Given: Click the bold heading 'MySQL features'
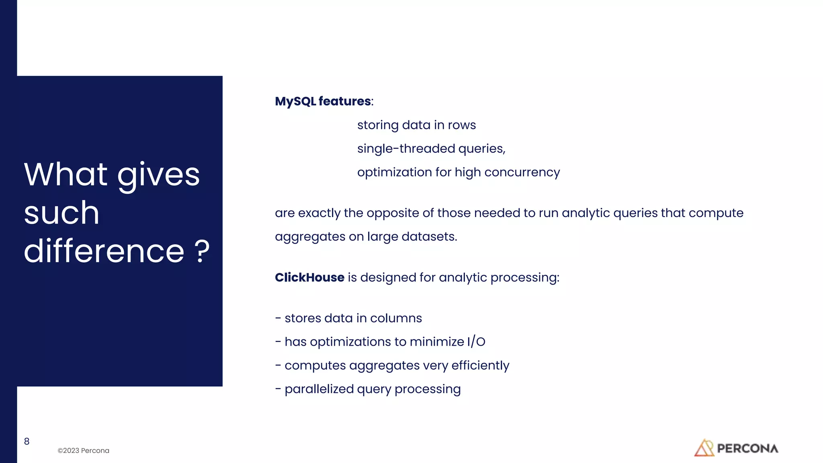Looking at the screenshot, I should tap(323, 101).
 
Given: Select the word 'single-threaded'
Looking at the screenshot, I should tap(406, 149).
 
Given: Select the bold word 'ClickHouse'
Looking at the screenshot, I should tap(309, 278).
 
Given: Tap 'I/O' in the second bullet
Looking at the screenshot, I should tap(476, 342).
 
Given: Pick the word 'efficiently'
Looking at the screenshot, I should tap(480, 365).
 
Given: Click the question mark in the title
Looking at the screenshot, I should tap(202, 252).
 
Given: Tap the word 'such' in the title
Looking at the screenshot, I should tap(61, 213).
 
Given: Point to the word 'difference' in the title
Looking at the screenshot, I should tap(104, 252).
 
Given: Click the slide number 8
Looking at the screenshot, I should tap(27, 441).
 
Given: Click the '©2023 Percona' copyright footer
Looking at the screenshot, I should tap(83, 451).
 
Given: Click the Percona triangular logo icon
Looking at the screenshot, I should tap(704, 448).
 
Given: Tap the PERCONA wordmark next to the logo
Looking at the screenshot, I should tap(747, 449).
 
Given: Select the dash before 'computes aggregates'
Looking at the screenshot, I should tap(278, 365).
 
